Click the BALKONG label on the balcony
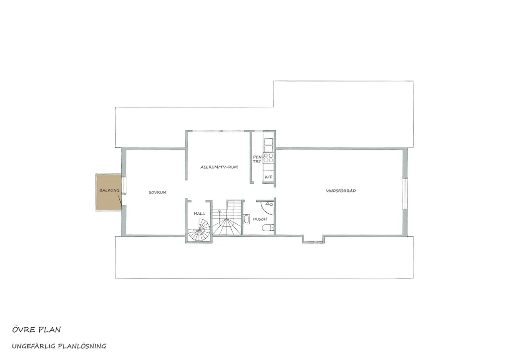[x=109, y=190]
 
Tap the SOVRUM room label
[x=158, y=192]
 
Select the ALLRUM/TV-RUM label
[x=219, y=167]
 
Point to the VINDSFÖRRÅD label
[x=341, y=191]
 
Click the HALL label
[x=199, y=214]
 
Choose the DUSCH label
[x=260, y=219]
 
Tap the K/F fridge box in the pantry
[x=268, y=177]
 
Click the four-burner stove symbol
[x=268, y=158]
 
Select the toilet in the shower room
[x=268, y=228]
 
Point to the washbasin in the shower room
[x=247, y=219]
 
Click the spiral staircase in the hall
[x=199, y=230]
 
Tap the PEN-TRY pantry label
[x=257, y=159]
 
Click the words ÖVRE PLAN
[x=36, y=330]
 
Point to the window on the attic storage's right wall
[x=405, y=194]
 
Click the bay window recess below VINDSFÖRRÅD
[x=313, y=239]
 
